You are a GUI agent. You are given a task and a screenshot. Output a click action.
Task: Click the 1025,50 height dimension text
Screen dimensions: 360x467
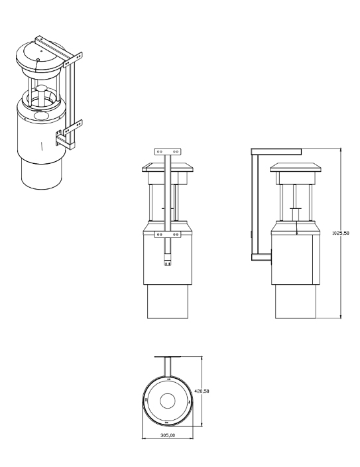pos(340,233)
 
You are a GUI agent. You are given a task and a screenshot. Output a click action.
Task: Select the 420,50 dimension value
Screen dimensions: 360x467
pos(202,391)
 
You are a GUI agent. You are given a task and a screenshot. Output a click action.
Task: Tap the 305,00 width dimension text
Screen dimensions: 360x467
pos(168,435)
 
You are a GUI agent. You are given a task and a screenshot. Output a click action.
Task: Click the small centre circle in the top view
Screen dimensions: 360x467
pos(168,401)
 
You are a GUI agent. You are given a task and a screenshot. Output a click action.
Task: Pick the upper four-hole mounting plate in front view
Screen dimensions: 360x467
pos(168,151)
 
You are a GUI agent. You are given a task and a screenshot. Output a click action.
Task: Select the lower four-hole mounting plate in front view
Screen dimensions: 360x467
pos(168,235)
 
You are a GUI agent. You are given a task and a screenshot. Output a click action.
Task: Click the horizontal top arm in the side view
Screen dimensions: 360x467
pos(276,152)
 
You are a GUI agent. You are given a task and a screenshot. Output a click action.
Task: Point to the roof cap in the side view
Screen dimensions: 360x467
pos(296,167)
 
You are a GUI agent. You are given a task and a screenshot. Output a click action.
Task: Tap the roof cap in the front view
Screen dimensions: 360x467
pos(168,167)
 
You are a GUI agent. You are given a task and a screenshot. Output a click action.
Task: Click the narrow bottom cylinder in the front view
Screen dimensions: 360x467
pos(168,301)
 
